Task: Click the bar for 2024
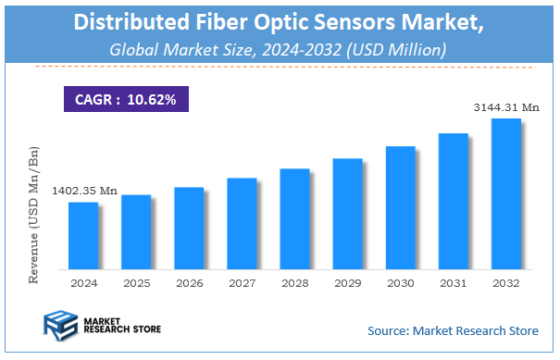(x=83, y=235)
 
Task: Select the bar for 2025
(x=136, y=231)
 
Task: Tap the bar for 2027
(x=242, y=223)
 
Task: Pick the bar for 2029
(x=347, y=213)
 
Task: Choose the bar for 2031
(x=454, y=201)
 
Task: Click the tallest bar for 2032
(x=506, y=193)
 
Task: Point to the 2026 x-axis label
(x=189, y=282)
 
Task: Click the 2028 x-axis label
(x=294, y=282)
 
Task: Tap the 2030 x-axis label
(x=400, y=282)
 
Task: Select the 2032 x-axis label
(x=506, y=282)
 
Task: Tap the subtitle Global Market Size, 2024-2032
(x=279, y=48)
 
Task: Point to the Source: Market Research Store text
(x=453, y=330)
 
